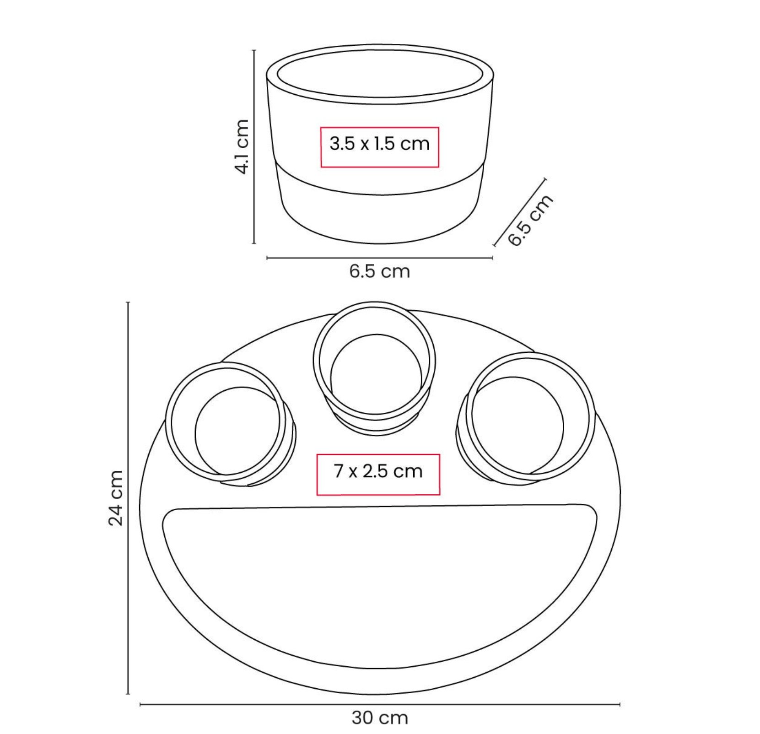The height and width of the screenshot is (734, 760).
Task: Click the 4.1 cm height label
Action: point(241,146)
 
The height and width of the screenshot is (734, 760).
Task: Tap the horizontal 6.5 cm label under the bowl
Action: point(380,271)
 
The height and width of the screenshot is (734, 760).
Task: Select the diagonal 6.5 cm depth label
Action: point(530,220)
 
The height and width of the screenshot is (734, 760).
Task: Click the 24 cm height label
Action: point(116,498)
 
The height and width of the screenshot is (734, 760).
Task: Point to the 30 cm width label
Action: point(380,717)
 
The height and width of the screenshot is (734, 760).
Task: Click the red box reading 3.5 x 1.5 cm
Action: point(380,147)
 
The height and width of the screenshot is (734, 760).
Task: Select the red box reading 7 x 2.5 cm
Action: point(378,475)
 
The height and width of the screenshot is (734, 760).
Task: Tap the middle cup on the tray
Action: point(375,368)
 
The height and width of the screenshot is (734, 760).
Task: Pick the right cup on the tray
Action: point(526,417)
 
